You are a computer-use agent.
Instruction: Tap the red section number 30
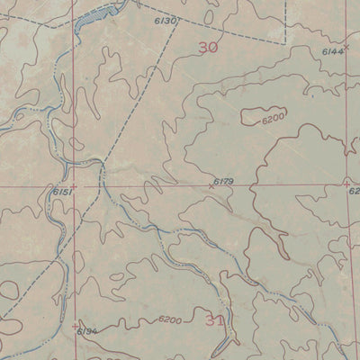tap(208, 48)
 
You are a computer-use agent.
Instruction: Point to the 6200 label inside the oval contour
tap(273, 119)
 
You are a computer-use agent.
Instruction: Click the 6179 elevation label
tap(224, 182)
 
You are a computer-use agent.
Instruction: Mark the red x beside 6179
tap(211, 187)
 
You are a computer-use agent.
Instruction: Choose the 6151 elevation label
tap(61, 192)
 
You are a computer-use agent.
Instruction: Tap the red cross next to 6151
tap(73, 187)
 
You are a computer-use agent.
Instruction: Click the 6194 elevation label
tap(86, 331)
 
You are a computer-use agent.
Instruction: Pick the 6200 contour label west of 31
tap(169, 320)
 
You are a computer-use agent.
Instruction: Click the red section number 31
tap(213, 319)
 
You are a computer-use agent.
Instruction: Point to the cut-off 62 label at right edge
tap(354, 191)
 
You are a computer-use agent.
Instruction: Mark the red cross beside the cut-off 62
tap(347, 184)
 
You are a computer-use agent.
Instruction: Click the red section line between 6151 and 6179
tap(144, 187)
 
